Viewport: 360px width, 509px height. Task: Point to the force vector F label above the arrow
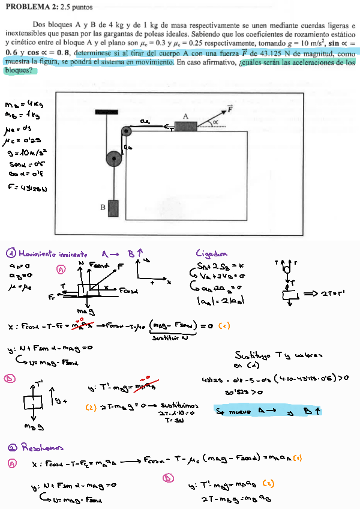(230, 109)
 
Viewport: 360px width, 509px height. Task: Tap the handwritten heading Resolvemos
(41, 448)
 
